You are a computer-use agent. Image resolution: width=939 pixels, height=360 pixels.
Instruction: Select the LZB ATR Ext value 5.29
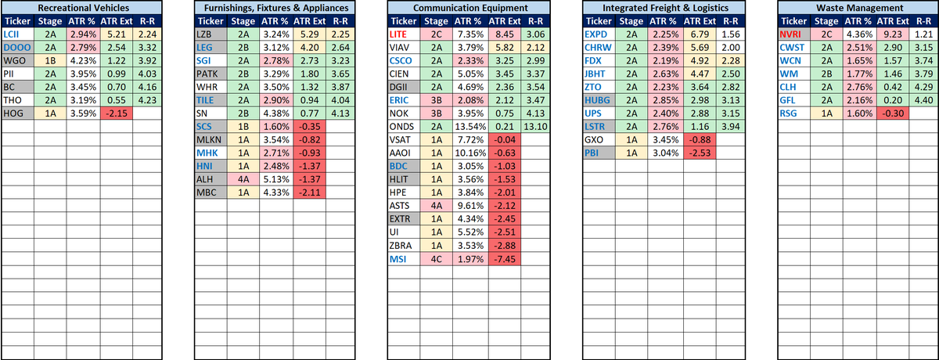[x=310, y=35]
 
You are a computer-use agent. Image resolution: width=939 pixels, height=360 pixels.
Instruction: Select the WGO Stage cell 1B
[x=50, y=62]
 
